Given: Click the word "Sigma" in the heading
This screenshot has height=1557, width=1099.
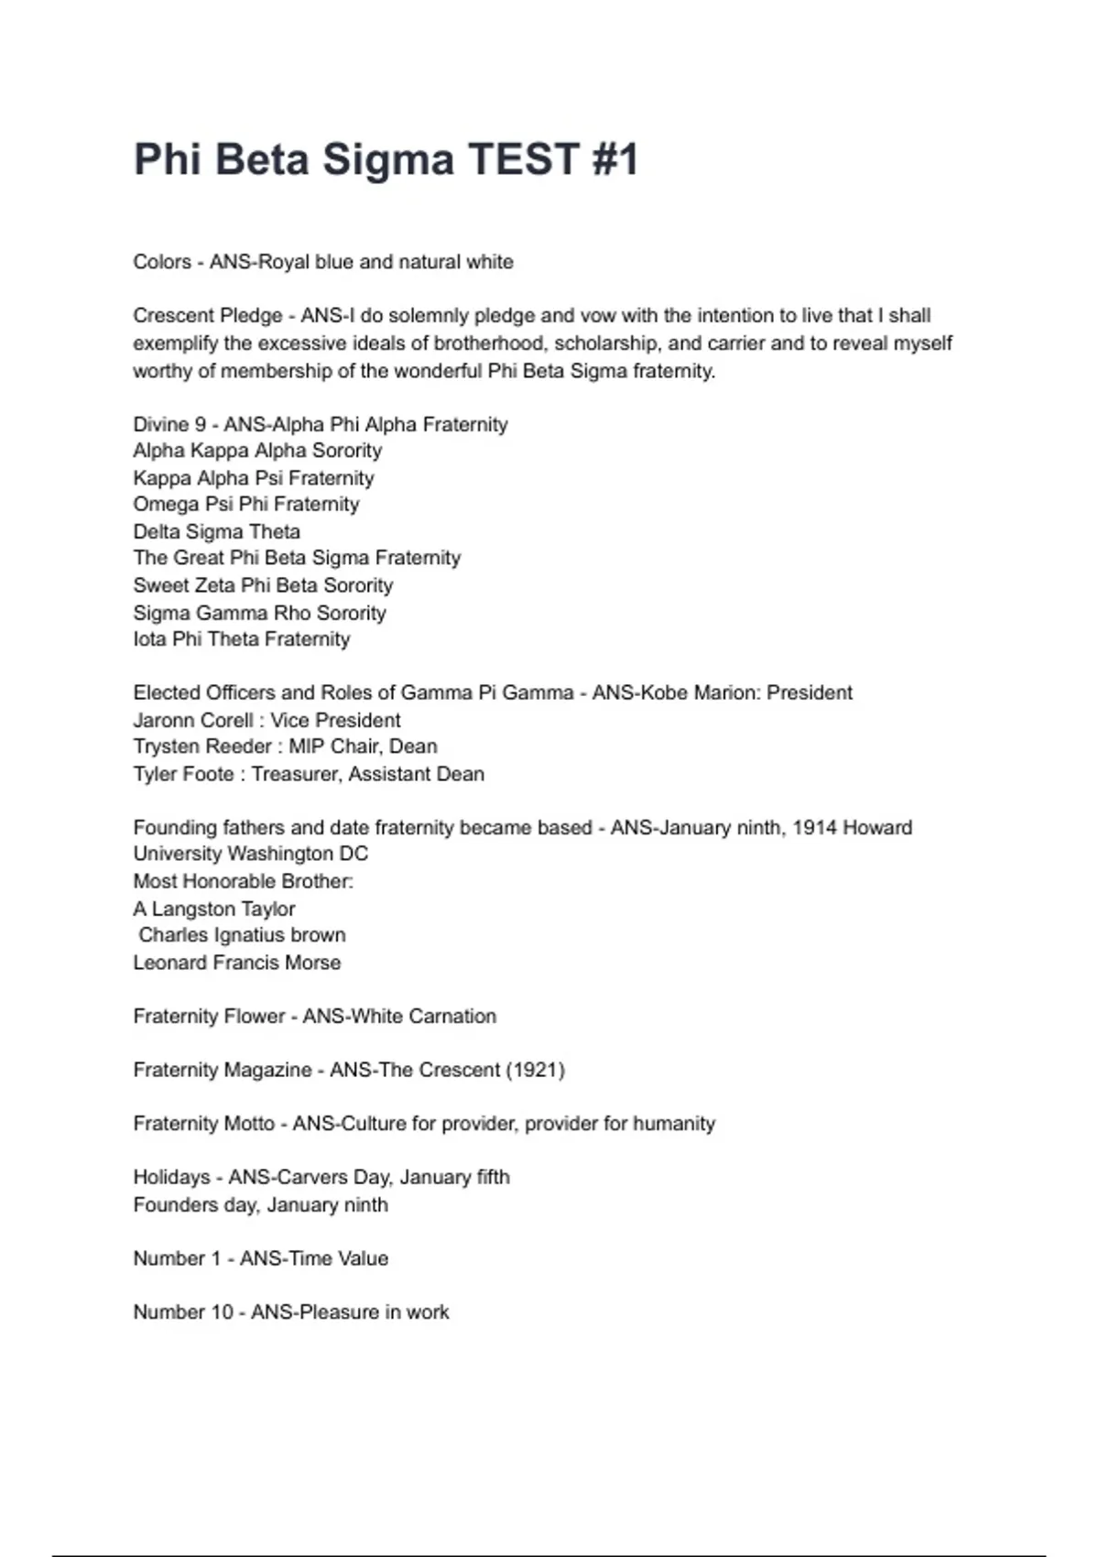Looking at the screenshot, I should pyautogui.click(x=387, y=159).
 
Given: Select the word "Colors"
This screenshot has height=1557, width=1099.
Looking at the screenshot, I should pyautogui.click(x=162, y=262).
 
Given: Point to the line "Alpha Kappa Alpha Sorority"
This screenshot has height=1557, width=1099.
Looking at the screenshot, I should pyautogui.click(x=257, y=451).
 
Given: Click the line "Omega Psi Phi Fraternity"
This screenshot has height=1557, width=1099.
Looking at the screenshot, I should pyautogui.click(x=246, y=505).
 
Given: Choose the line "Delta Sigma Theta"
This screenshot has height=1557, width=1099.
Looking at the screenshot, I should pyautogui.click(x=216, y=532).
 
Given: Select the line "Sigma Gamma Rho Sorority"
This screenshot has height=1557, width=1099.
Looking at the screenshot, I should pyautogui.click(x=259, y=613).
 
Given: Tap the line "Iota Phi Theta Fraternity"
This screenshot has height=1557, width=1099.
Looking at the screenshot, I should pyautogui.click(x=242, y=639).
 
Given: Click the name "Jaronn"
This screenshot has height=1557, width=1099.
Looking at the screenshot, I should pyautogui.click(x=161, y=721).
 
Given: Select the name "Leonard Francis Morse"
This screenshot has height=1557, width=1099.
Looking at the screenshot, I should pyautogui.click(x=236, y=963).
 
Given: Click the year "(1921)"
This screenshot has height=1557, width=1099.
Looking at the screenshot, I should pyautogui.click(x=536, y=1070).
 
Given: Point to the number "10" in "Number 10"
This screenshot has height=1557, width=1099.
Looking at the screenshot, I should pyautogui.click(x=223, y=1312).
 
